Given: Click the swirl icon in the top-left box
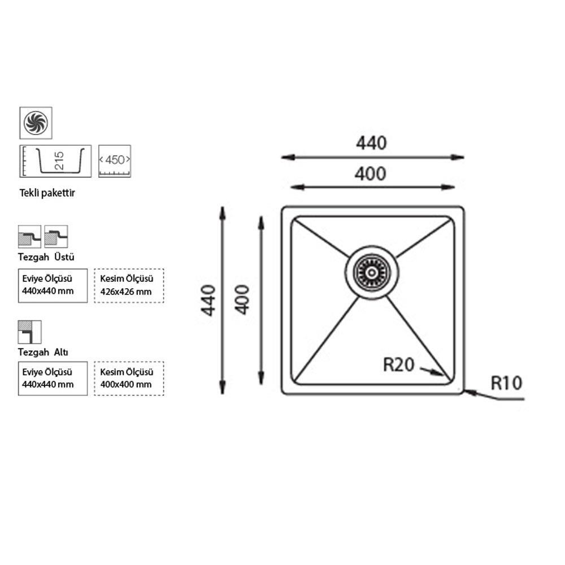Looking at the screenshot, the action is [36, 123].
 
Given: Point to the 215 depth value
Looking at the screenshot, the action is [59, 160].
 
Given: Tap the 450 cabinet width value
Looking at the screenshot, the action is [115, 160].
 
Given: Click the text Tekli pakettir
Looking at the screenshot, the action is [47, 193].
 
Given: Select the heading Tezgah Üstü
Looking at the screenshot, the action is [46, 257].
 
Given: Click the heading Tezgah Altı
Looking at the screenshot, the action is [44, 352].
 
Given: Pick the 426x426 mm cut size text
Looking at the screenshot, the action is [126, 292].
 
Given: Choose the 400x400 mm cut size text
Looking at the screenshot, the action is [126, 384].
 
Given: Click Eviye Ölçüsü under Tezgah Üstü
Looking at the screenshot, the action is [47, 279].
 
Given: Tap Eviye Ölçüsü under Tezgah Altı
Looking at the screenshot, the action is [47, 372].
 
